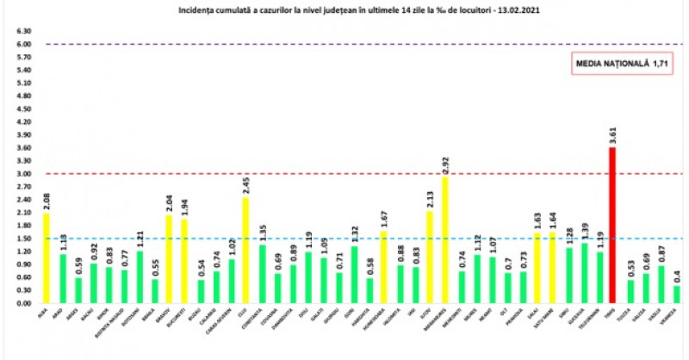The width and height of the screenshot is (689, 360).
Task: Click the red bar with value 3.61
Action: pos(612,226)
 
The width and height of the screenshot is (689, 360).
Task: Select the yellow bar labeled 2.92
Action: pos(445,240)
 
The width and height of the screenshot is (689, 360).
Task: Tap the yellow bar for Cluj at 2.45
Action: pos(245,250)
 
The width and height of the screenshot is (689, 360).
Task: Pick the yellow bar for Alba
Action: pos(45,258)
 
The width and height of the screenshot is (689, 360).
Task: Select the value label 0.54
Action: pos(199,268)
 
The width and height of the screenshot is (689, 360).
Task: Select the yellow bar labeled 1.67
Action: pos(384,267)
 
